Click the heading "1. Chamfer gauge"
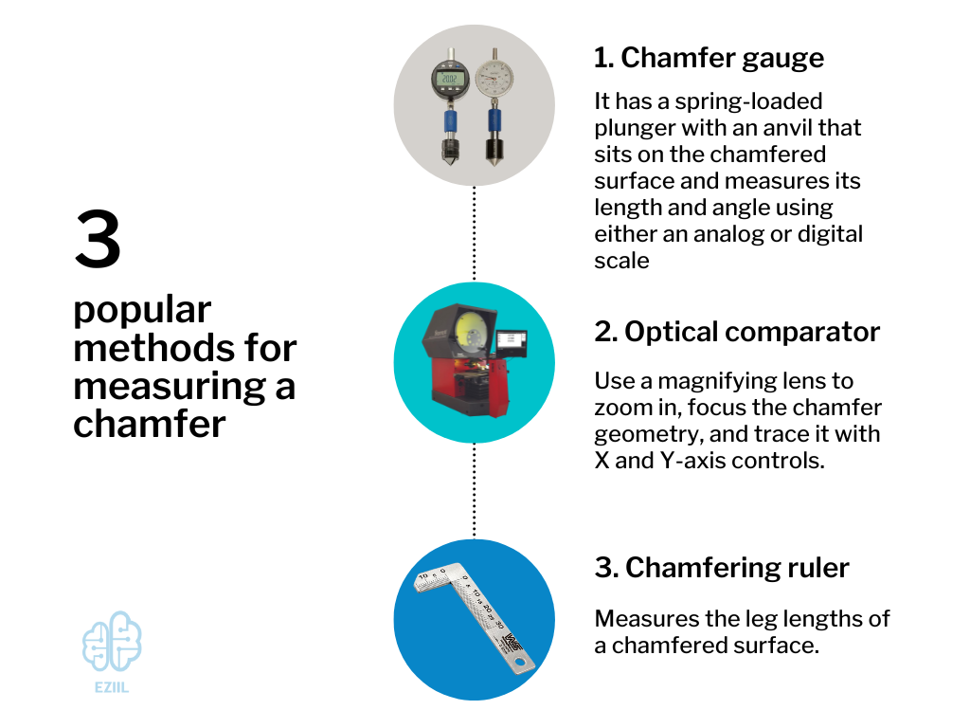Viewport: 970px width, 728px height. point(709,58)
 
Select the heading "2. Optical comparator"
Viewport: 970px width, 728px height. point(737,332)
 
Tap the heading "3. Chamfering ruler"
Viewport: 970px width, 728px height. point(722,568)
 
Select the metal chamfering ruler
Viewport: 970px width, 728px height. point(474,616)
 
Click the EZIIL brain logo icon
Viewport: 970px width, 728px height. point(112,641)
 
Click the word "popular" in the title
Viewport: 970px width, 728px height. point(142,310)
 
